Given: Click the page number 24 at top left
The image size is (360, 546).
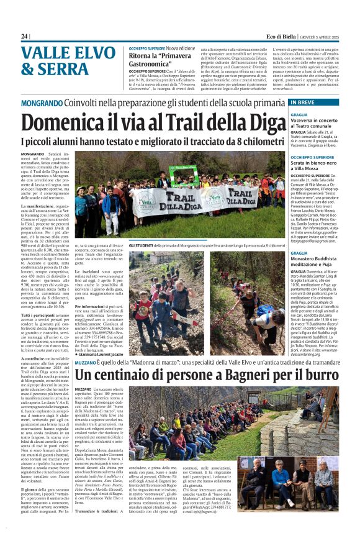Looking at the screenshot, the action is click(x=24, y=37).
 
